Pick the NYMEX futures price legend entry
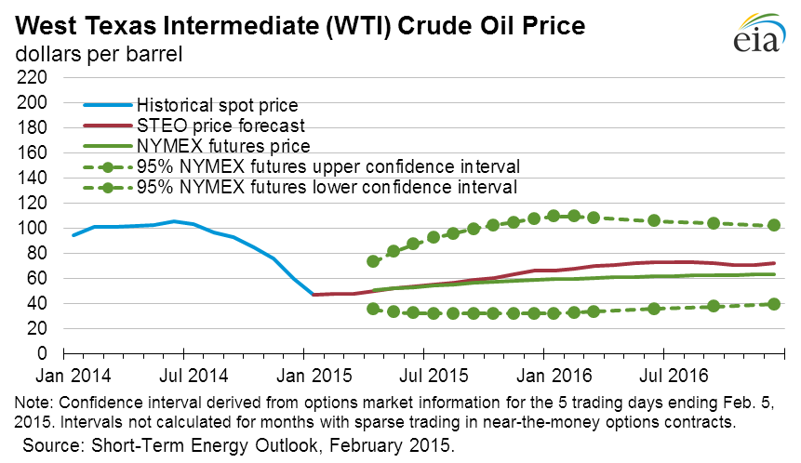pos(209,145)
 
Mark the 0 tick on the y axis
pos(42,354)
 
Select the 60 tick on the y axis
pos(34,278)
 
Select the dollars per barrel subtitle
pos(98,54)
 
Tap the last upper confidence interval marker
pos(773,225)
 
